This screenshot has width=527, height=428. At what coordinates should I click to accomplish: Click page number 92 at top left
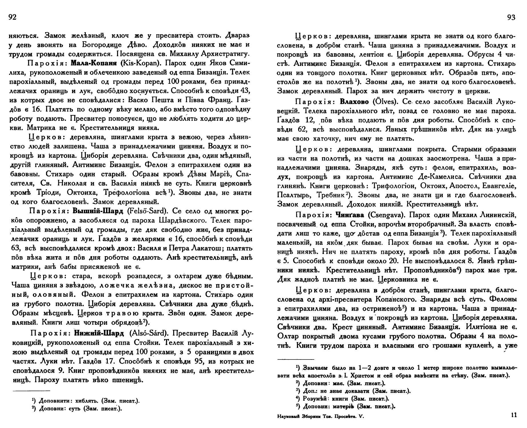13,18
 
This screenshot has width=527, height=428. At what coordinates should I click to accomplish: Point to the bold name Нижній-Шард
99,334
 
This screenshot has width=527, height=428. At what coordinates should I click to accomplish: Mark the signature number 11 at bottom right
514,415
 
